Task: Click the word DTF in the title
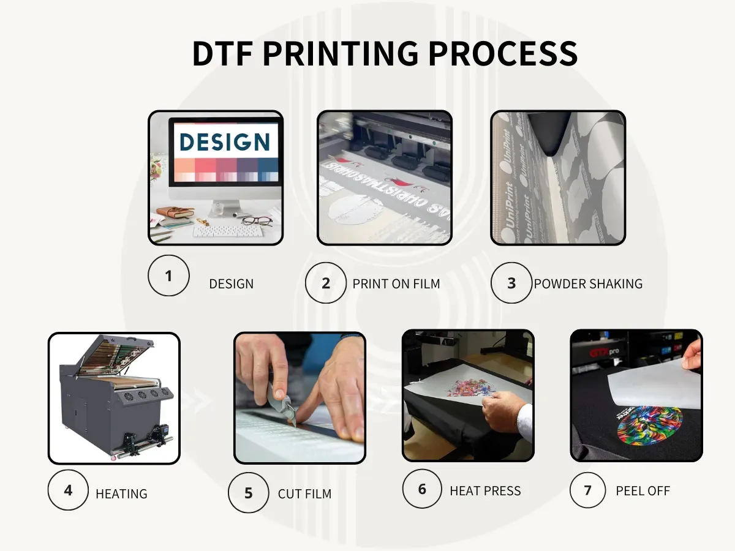[x=222, y=54]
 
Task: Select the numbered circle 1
[x=168, y=275]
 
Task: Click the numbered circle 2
[x=326, y=283]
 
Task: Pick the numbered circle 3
[x=511, y=283]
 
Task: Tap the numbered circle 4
[x=68, y=490]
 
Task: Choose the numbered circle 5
[x=248, y=493]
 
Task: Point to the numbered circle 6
[x=422, y=489]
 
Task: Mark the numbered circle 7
[x=588, y=489]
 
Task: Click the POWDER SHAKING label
[x=588, y=284]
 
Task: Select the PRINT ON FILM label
[x=396, y=284]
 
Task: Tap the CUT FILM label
[x=304, y=494]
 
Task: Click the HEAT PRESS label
[x=485, y=491]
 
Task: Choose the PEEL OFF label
[x=643, y=491]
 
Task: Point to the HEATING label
[x=121, y=494]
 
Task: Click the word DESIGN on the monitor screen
[x=224, y=142]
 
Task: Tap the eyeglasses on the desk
[x=256, y=220]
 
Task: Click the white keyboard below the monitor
[x=228, y=231]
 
